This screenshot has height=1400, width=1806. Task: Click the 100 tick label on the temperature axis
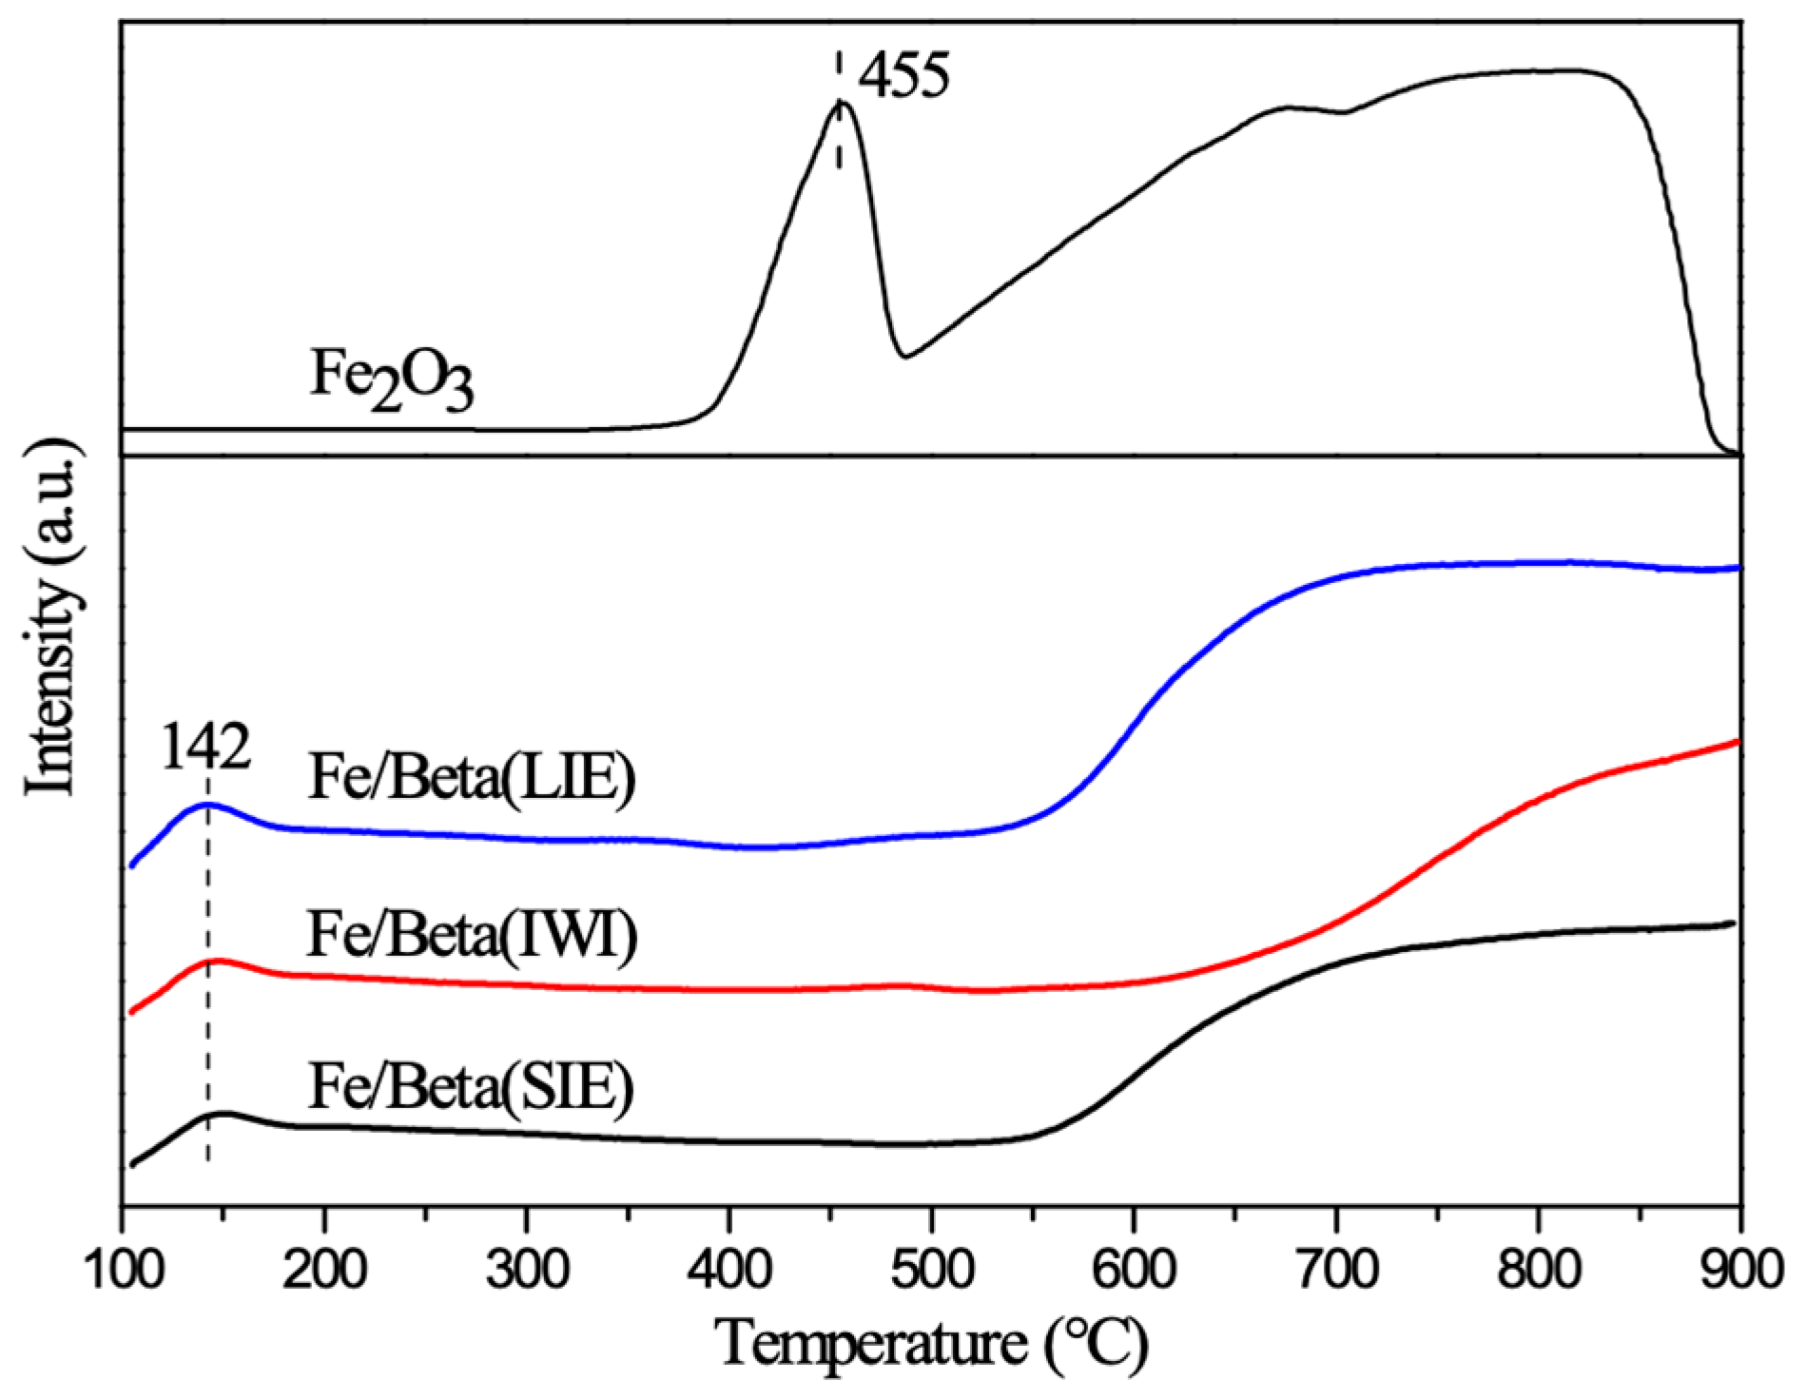(125, 1270)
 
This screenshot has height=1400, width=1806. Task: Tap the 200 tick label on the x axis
(324, 1270)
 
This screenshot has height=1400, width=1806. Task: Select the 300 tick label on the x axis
(527, 1270)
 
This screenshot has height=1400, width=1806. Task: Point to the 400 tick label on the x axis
(729, 1270)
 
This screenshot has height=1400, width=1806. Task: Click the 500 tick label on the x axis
(931, 1270)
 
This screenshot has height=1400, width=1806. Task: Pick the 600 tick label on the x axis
(1134, 1270)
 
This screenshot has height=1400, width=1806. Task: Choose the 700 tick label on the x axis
(1336, 1270)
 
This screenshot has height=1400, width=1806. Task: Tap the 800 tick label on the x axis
(1538, 1270)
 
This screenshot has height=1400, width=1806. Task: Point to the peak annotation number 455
(903, 76)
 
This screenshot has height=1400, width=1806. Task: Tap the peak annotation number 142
(205, 748)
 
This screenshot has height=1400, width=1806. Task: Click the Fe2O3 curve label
(392, 379)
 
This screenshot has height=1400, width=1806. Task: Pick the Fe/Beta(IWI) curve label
(472, 935)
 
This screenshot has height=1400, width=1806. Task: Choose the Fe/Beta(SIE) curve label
(471, 1086)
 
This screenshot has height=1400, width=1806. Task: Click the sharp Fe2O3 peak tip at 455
(840, 102)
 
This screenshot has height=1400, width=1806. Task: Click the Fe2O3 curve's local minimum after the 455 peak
(904, 358)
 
